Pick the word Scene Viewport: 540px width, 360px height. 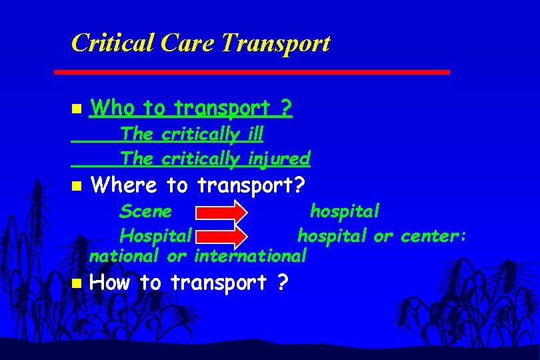pos(145,212)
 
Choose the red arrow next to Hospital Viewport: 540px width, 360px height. pos(221,236)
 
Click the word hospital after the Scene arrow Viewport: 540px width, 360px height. pos(345,212)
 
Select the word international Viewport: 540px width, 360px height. pos(250,255)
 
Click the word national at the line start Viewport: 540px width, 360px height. pos(124,255)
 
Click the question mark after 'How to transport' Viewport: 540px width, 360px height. pos(282,283)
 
